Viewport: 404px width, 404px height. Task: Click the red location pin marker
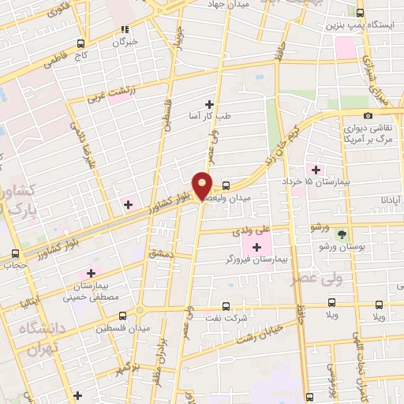pos(203,185)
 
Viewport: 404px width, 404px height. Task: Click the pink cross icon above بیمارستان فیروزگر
pos(256,246)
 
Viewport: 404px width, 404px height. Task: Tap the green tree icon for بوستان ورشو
pos(342,234)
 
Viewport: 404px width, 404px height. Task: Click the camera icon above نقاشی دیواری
pos(368,116)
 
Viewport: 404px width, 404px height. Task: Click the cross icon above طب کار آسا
pos(209,103)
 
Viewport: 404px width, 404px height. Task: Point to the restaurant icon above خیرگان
pos(123,29)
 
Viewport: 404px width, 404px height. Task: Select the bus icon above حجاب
pos(16,254)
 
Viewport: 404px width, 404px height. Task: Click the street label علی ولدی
pos(252,231)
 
